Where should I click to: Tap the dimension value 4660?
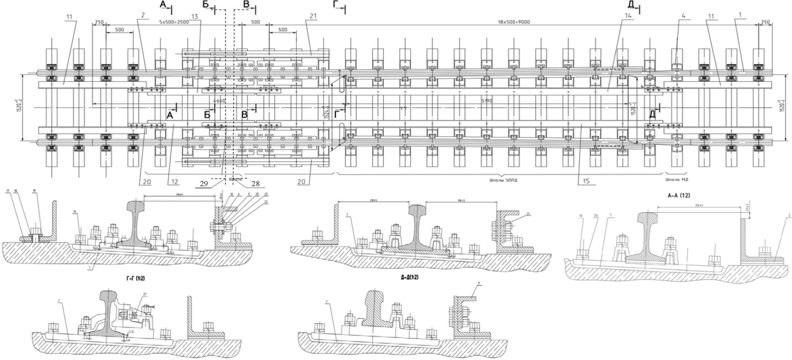[219, 101]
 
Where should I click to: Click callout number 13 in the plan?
[194, 16]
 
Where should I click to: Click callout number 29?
[204, 184]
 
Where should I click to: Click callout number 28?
[255, 184]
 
